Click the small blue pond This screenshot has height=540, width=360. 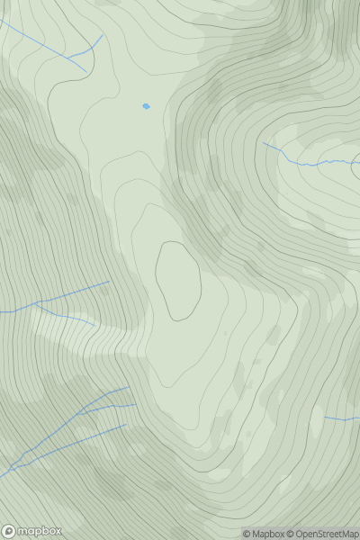[x=146, y=106]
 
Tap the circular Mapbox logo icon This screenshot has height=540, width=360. [x=9, y=531]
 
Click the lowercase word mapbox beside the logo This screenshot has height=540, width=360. [x=40, y=531]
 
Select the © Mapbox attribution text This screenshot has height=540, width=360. [x=264, y=534]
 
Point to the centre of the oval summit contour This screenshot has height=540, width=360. [x=177, y=280]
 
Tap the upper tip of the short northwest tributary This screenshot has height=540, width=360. [x=103, y=35]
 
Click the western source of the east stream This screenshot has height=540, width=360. [x=263, y=142]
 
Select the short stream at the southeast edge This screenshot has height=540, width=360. [x=342, y=419]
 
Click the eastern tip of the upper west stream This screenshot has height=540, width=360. [x=109, y=282]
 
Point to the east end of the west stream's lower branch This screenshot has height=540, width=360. [x=94, y=324]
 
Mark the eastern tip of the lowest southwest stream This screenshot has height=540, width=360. [x=126, y=425]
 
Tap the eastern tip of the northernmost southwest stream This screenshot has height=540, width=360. [x=129, y=388]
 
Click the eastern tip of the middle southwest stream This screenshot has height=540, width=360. [x=136, y=405]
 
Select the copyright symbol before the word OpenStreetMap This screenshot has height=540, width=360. [x=292, y=534]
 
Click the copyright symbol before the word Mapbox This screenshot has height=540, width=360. [x=246, y=534]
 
